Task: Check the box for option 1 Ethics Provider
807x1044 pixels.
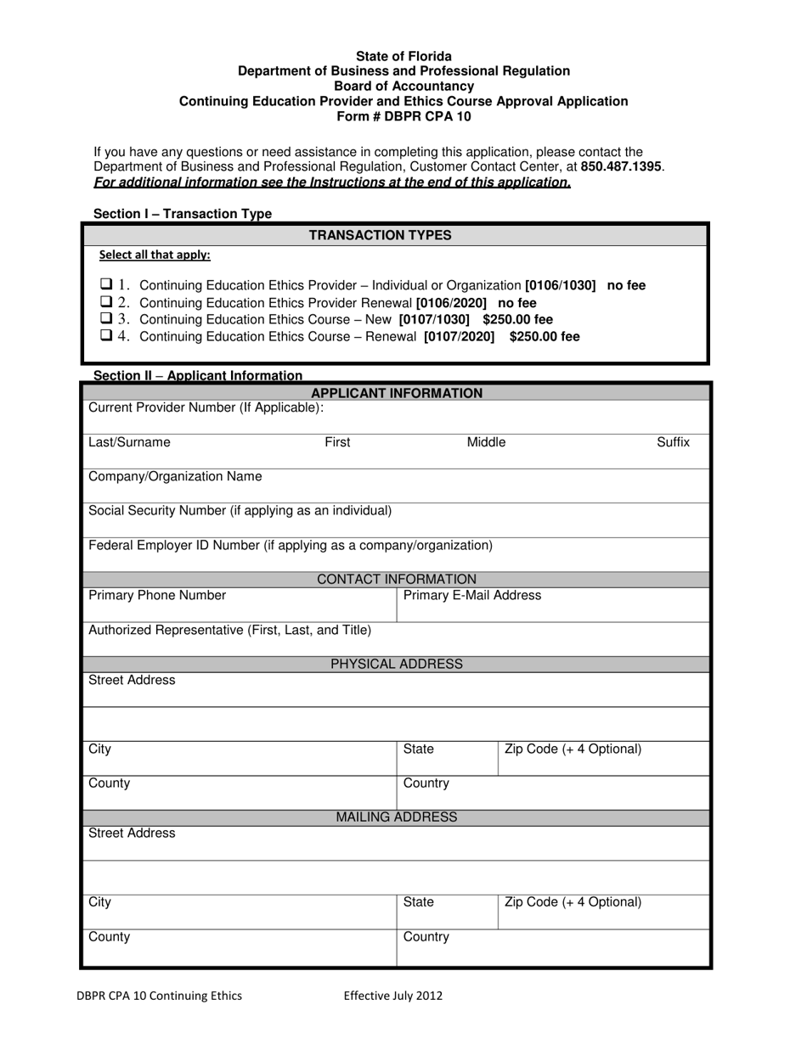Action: click(x=106, y=284)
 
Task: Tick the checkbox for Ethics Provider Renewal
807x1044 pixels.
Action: click(x=106, y=301)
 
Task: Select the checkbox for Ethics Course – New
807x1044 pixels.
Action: click(x=106, y=318)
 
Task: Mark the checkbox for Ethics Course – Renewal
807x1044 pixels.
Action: click(x=106, y=335)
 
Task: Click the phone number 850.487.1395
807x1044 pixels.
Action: click(x=621, y=167)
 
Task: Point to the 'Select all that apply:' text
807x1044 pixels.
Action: click(x=155, y=255)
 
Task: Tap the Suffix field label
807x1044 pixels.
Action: click(x=673, y=442)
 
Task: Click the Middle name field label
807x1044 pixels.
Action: click(x=486, y=442)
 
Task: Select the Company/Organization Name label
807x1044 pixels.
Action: click(x=175, y=476)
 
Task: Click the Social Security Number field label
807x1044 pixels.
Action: click(x=240, y=510)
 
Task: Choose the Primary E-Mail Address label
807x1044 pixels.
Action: click(x=471, y=595)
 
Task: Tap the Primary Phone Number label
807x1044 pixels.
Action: click(x=157, y=595)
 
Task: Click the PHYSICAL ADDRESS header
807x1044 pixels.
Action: click(x=397, y=664)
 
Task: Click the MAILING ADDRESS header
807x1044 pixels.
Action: click(x=397, y=817)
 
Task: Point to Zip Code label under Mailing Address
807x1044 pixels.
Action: click(x=573, y=902)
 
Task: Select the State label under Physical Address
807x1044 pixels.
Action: click(x=418, y=749)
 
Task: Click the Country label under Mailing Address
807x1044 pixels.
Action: click(x=426, y=937)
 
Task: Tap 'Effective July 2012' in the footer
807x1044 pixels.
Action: click(x=392, y=996)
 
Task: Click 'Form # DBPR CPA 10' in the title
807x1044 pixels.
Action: click(x=403, y=116)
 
